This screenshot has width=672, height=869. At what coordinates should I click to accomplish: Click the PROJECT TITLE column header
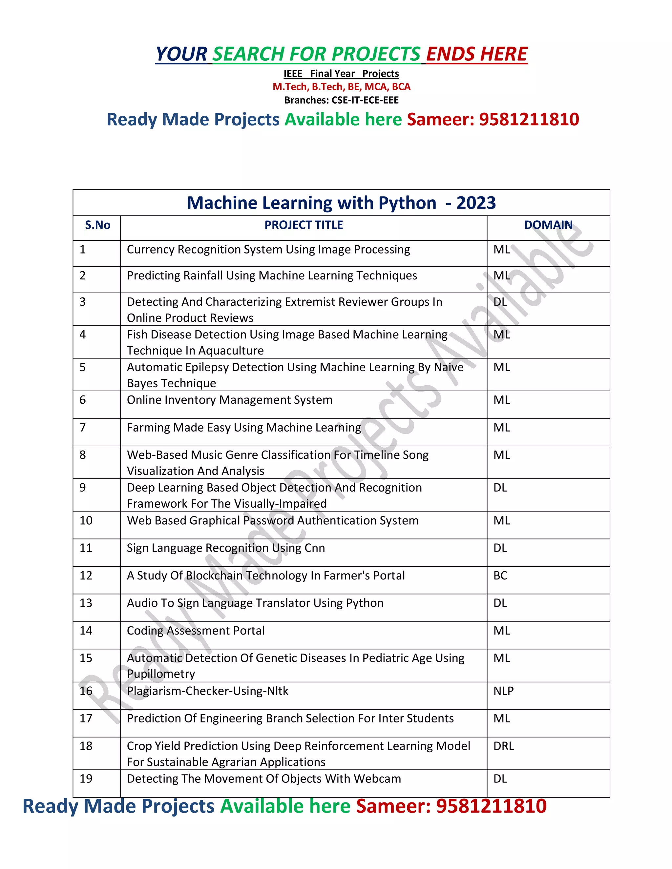click(304, 225)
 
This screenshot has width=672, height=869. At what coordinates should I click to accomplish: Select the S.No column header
click(97, 225)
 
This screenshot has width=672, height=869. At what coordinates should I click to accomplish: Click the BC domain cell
click(500, 576)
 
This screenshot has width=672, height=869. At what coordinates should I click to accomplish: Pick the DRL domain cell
click(504, 746)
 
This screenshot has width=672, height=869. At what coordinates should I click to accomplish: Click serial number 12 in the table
click(86, 576)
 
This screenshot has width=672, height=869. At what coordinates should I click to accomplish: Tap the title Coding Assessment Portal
click(196, 631)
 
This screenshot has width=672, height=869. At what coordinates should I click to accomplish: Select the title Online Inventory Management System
click(229, 400)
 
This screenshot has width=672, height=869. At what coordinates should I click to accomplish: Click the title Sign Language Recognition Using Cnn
click(226, 548)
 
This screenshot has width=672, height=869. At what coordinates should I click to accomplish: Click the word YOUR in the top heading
click(181, 54)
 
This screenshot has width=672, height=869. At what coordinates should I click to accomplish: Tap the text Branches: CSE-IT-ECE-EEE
click(341, 100)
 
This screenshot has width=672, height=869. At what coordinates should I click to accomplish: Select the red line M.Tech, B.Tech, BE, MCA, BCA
click(341, 87)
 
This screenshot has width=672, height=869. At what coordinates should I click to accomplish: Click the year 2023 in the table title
click(476, 203)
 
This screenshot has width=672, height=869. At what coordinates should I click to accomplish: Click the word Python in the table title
click(407, 203)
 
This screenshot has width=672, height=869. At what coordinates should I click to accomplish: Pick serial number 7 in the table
click(83, 427)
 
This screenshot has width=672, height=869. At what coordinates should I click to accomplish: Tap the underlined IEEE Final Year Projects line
click(341, 73)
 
